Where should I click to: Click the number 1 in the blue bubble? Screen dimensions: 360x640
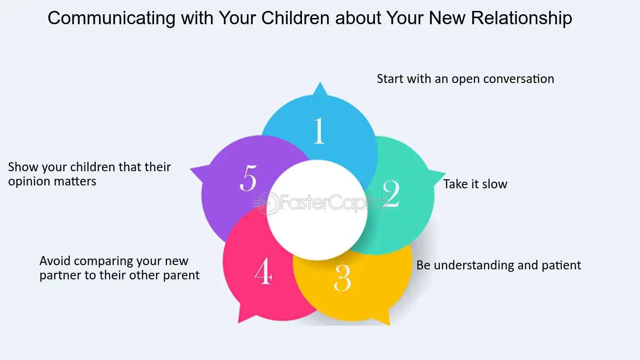coord(319,130)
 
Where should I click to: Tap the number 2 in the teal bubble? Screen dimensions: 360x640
coord(391,194)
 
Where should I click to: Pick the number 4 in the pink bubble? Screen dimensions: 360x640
coord(263,272)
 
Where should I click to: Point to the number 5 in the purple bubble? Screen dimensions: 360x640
coord(248,179)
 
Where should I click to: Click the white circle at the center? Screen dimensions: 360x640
coord(317,210)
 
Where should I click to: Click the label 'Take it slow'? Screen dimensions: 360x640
coord(475,184)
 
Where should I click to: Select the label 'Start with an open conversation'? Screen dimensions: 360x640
coord(465,79)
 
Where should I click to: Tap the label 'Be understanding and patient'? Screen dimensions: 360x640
coord(498,265)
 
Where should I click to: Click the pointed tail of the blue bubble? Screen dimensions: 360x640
coord(320,88)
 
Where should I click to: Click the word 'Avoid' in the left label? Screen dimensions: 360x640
coord(56,261)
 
